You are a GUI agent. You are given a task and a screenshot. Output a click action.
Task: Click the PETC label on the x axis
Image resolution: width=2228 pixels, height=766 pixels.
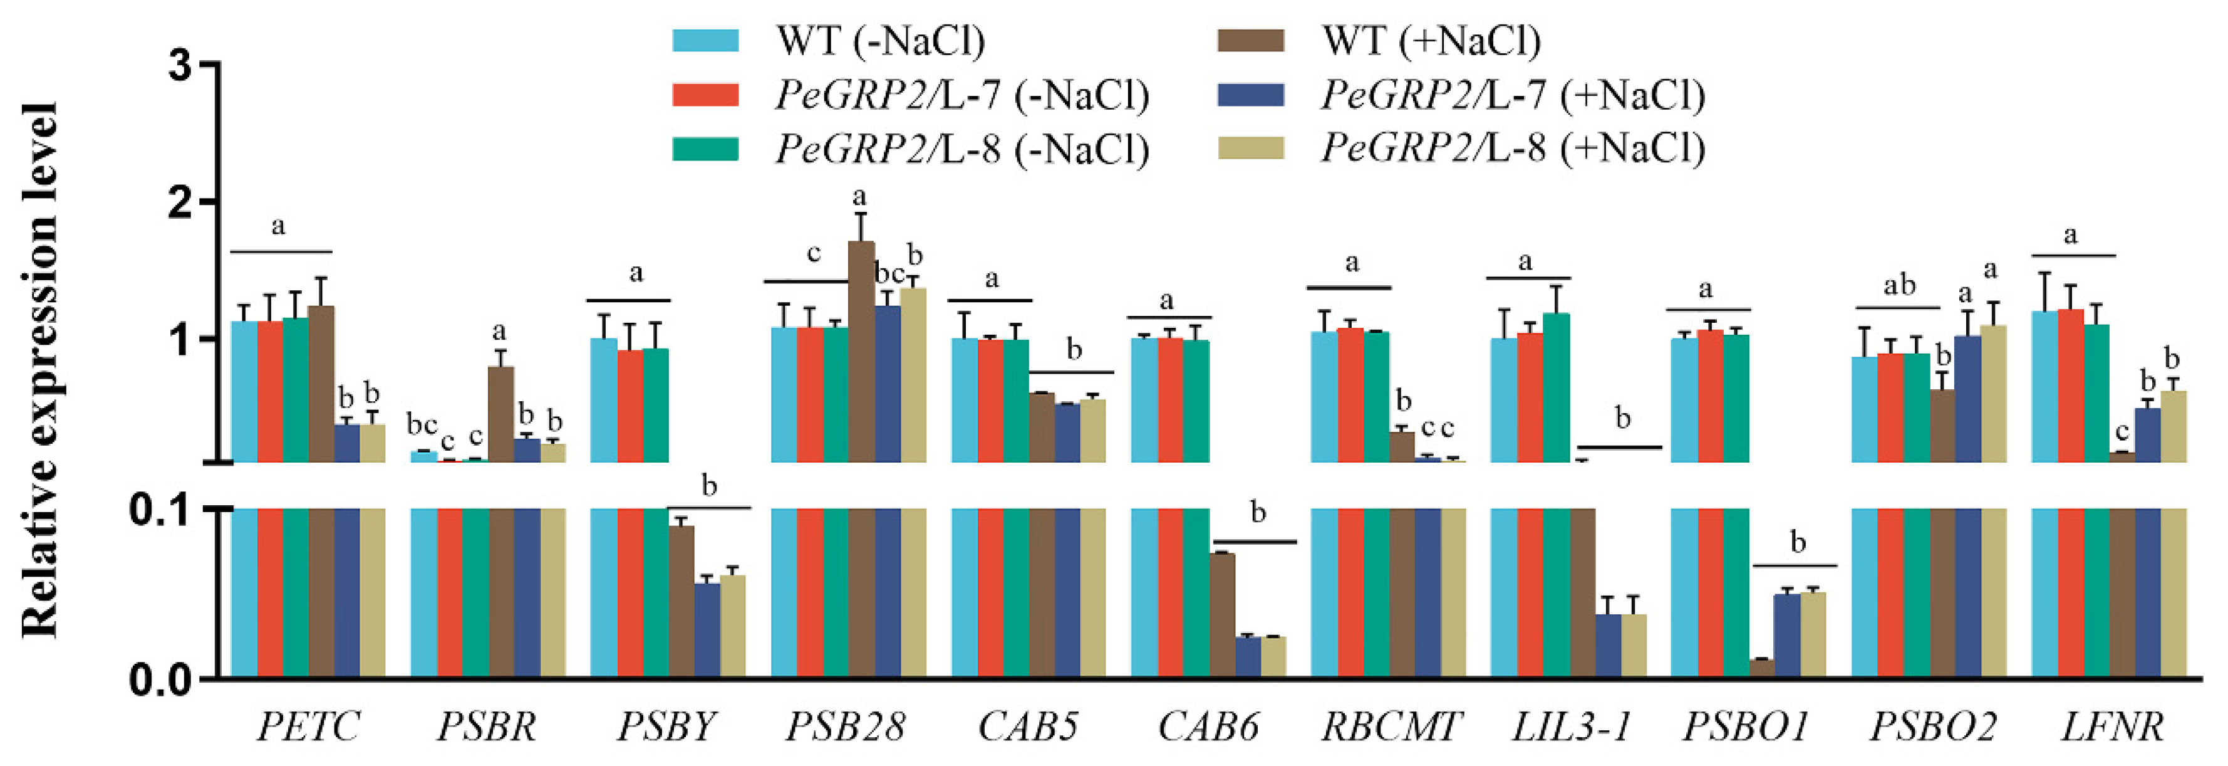click(x=308, y=726)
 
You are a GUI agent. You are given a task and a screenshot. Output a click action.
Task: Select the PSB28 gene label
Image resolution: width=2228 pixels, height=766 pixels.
click(x=845, y=726)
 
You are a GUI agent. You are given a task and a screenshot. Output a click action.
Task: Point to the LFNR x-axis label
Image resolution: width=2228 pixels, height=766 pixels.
click(x=2111, y=726)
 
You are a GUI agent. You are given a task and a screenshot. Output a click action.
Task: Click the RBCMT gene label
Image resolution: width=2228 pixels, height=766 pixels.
click(x=1391, y=726)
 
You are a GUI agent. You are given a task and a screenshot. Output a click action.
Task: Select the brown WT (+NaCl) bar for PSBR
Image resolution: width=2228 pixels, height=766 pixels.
click(x=500, y=414)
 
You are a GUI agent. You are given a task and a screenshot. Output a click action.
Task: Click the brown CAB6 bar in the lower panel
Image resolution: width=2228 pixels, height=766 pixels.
click(x=1222, y=614)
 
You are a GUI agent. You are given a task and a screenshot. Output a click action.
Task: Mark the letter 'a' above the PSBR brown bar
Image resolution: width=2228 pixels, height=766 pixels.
click(x=499, y=332)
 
